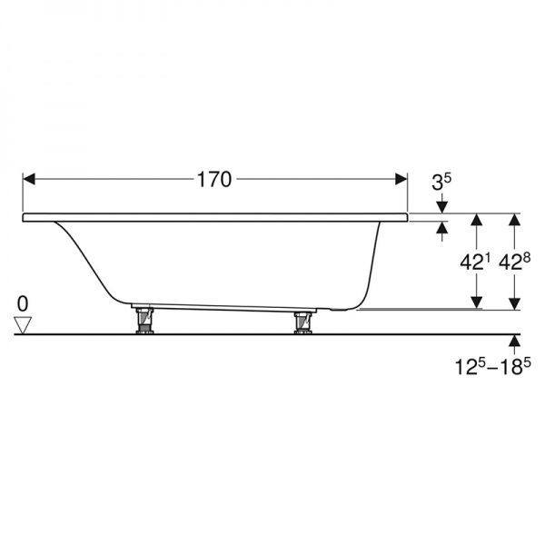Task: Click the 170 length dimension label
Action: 213,180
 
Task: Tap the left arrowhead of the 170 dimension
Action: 29,179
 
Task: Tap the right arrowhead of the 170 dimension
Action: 401,179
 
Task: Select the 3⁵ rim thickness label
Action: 441,183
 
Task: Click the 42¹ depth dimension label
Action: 475,263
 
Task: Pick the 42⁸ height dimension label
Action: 514,263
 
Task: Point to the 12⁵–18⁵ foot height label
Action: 493,367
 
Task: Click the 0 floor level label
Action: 23,304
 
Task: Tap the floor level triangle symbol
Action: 23,325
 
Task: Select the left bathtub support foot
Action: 144,321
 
